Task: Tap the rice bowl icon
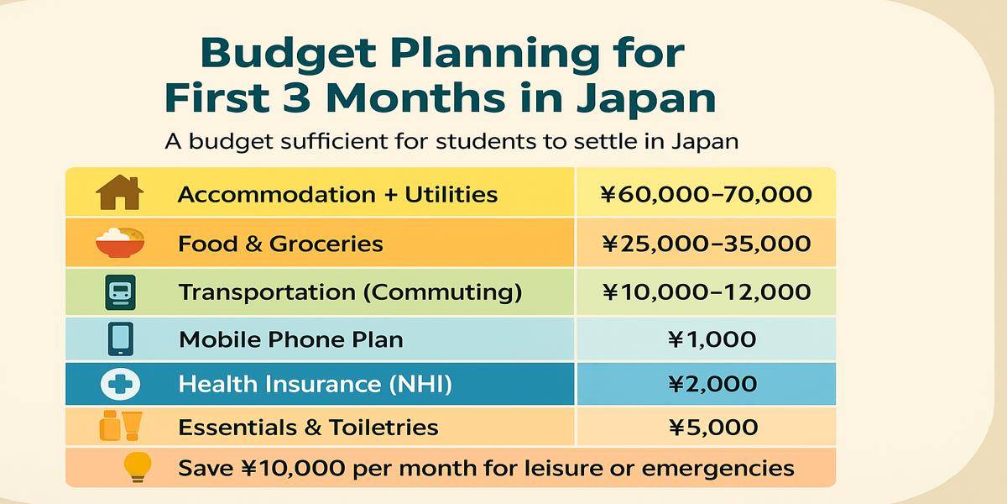point(120,243)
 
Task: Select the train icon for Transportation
point(120,292)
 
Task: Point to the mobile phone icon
point(120,339)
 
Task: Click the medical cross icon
point(120,384)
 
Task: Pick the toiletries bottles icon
point(120,426)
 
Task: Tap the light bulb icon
point(137,467)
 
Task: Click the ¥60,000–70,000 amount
point(707,195)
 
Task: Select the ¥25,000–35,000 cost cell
point(707,244)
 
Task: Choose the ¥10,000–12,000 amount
point(707,291)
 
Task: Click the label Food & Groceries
point(280,244)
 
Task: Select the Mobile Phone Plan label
point(290,339)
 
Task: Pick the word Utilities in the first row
point(451,195)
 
